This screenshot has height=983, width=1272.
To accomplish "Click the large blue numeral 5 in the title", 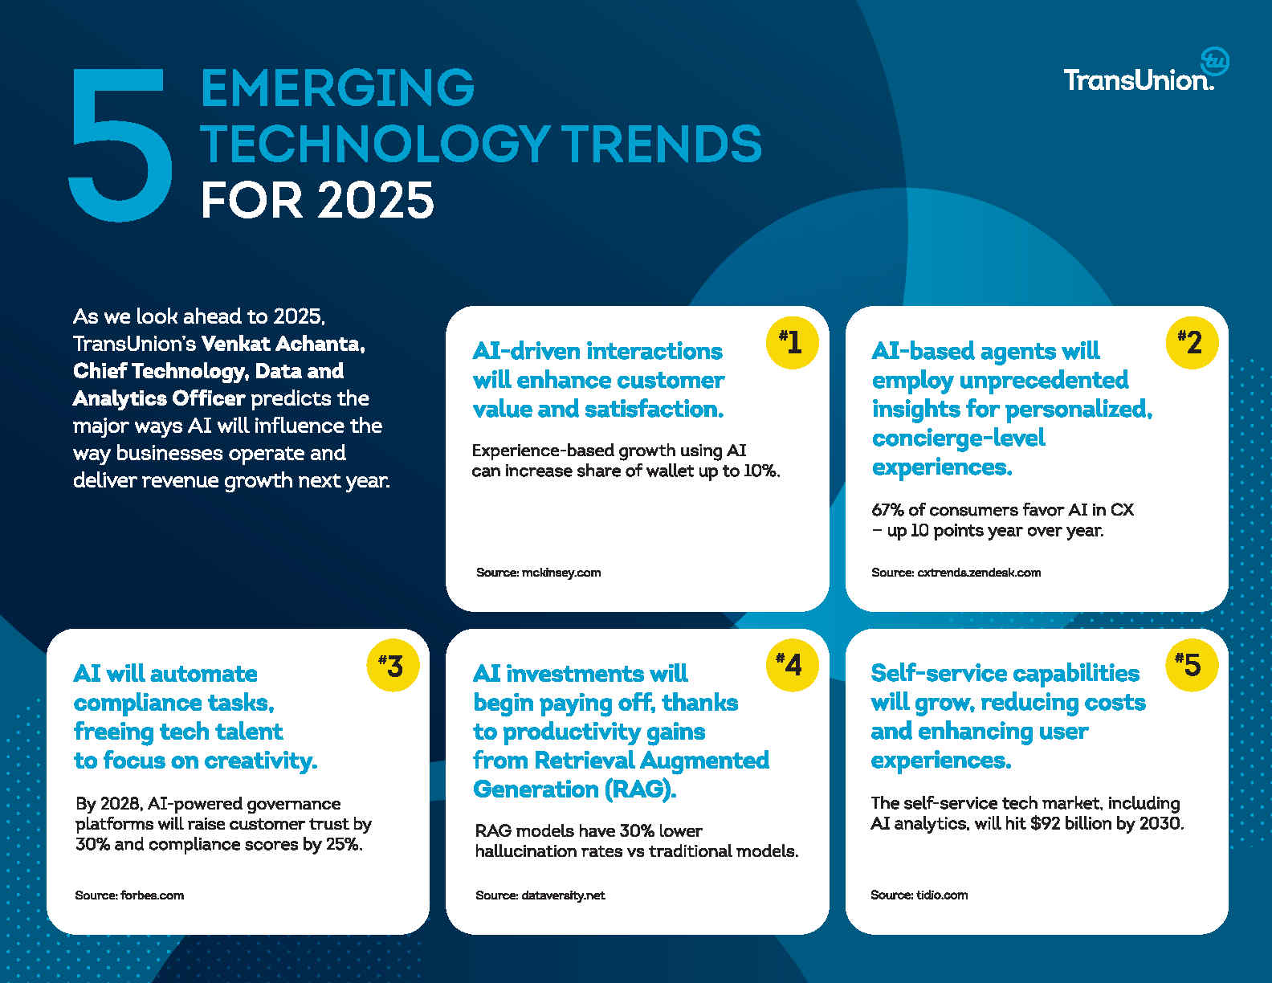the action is coord(120,145).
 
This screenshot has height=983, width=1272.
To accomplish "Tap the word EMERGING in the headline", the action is coord(337,88).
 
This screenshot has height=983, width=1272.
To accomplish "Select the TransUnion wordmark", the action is coord(1138,80).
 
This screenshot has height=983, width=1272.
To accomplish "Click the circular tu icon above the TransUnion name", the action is coord(1215,62).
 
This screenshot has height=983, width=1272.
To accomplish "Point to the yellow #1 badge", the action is coord(792,342).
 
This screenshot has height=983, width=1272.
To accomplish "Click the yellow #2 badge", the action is coord(1192,342).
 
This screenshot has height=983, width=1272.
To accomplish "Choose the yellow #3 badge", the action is coord(393,666).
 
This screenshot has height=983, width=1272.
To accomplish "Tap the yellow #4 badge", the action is coord(792,665).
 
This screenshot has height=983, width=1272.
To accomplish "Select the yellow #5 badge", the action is coord(1192,665).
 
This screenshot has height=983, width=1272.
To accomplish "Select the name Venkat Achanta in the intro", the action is coord(283,344).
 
